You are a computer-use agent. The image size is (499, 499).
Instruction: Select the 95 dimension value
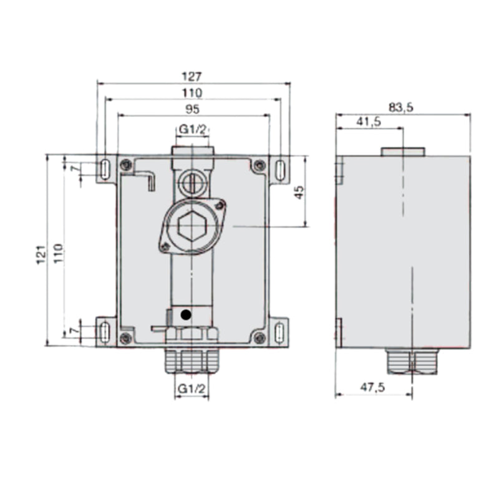(193, 109)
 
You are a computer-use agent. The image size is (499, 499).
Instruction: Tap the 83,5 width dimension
(401, 107)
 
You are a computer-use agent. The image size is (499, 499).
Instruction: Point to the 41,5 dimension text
(369, 123)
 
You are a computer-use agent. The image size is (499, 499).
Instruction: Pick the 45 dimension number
(299, 192)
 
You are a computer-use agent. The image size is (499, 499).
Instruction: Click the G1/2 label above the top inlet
(192, 128)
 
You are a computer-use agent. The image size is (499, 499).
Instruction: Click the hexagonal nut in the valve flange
(191, 228)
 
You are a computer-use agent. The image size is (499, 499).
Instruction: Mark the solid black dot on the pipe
(185, 315)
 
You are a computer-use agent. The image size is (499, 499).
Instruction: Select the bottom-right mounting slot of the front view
(279, 331)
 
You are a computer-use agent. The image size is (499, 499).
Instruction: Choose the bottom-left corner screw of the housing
(125, 338)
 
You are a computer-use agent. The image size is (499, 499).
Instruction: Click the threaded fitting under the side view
(412, 361)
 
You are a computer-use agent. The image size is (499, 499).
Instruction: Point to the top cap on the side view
(402, 151)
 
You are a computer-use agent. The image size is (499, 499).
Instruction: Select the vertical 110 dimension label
(58, 253)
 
